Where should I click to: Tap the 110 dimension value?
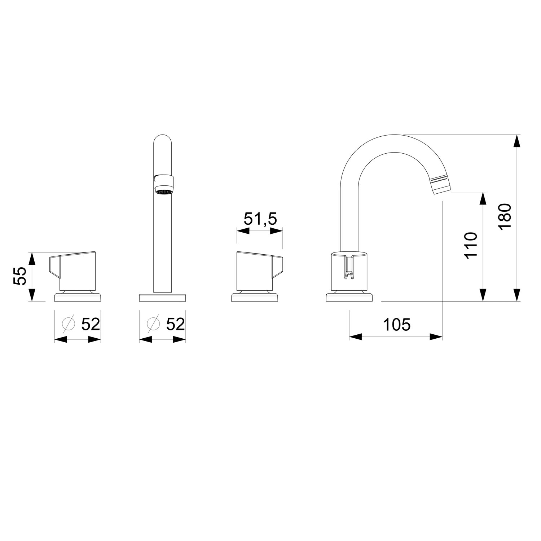tap(471, 245)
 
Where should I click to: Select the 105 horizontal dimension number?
tap(396, 325)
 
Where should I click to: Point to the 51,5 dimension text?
tap(260, 219)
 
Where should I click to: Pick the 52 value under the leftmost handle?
tap(90, 324)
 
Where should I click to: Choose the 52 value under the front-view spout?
tap(175, 324)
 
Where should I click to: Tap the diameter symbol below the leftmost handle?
tap(68, 324)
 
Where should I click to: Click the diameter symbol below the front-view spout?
tap(153, 324)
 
